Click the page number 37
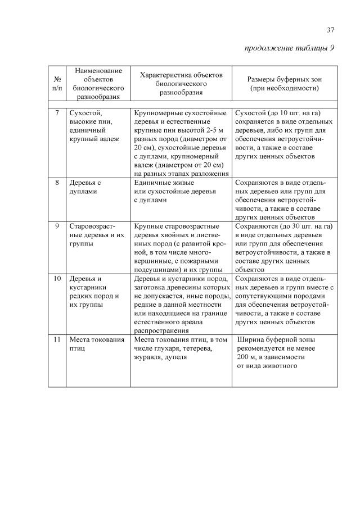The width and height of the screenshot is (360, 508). point(331,30)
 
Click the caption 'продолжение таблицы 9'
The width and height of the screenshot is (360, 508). point(289,48)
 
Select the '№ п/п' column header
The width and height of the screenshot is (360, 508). point(57,84)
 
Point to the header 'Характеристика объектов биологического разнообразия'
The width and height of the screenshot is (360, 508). point(181,84)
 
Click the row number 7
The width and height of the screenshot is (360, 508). point(57,113)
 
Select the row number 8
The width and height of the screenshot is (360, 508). point(57,183)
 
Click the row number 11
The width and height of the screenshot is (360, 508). point(57,340)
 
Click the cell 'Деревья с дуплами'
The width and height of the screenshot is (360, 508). point(85,187)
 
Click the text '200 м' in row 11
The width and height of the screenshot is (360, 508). point(247,357)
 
